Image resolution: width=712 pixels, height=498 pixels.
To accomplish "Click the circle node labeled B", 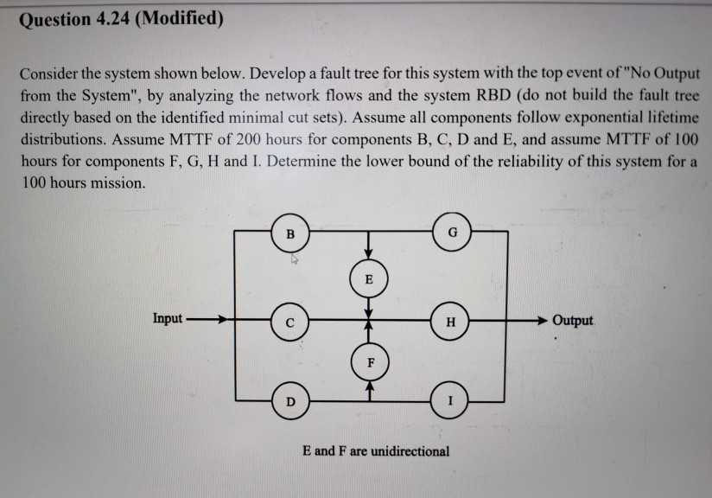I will (291, 233).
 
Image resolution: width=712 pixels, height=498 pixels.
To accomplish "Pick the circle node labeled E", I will (369, 279).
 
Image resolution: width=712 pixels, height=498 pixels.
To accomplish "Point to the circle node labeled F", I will (369, 362).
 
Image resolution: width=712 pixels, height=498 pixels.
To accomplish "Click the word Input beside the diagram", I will (167, 318).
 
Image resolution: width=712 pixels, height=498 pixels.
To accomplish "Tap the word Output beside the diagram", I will (573, 320).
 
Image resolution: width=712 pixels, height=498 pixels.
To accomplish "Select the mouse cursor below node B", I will (294, 257).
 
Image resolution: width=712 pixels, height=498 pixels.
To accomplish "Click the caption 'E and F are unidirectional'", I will (376, 450).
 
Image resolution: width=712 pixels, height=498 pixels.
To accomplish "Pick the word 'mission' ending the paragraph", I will (122, 184).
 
